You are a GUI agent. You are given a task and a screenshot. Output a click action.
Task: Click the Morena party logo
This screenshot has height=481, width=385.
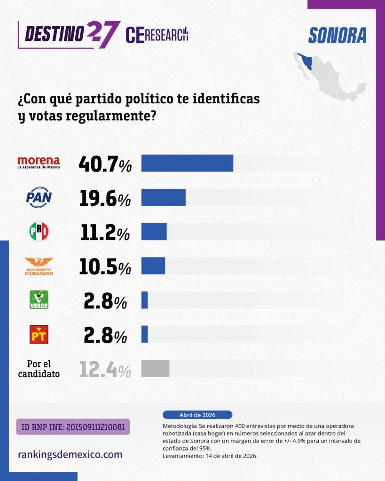coord(39,163)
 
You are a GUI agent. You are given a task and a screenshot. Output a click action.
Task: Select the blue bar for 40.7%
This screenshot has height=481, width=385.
coord(187,163)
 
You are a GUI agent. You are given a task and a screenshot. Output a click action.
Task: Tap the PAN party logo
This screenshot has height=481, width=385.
coord(39,197)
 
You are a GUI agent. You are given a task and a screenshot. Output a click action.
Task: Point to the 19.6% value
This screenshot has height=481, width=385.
coord(105,199)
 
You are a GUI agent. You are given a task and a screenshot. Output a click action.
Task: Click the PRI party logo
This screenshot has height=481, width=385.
coord(39,231)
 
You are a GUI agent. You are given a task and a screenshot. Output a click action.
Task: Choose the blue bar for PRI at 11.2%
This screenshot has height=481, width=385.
coord(154,232)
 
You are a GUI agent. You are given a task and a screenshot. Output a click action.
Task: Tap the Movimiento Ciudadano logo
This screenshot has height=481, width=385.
coord(39,266)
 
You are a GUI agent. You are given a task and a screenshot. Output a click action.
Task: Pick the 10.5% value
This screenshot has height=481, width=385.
coord(105,267)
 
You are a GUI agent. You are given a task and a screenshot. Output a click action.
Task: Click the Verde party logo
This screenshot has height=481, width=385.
coord(39,300)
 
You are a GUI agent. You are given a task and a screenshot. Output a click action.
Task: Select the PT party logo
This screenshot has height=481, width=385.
coord(39,334)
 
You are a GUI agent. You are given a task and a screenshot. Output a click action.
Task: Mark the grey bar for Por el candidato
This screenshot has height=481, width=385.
coord(155,368)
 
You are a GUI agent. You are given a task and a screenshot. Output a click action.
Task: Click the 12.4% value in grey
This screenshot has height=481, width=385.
coord(105,369)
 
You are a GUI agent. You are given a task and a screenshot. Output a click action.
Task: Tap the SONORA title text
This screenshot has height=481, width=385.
coord(337,36)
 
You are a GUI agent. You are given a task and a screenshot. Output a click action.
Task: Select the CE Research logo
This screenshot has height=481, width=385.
coord(157,35)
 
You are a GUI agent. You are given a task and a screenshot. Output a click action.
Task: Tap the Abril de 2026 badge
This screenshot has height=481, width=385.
coord(197,415)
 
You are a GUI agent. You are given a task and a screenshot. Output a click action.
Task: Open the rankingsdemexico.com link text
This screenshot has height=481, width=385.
coord(70,454)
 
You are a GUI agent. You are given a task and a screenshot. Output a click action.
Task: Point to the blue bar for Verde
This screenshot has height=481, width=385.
coord(144,300)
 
